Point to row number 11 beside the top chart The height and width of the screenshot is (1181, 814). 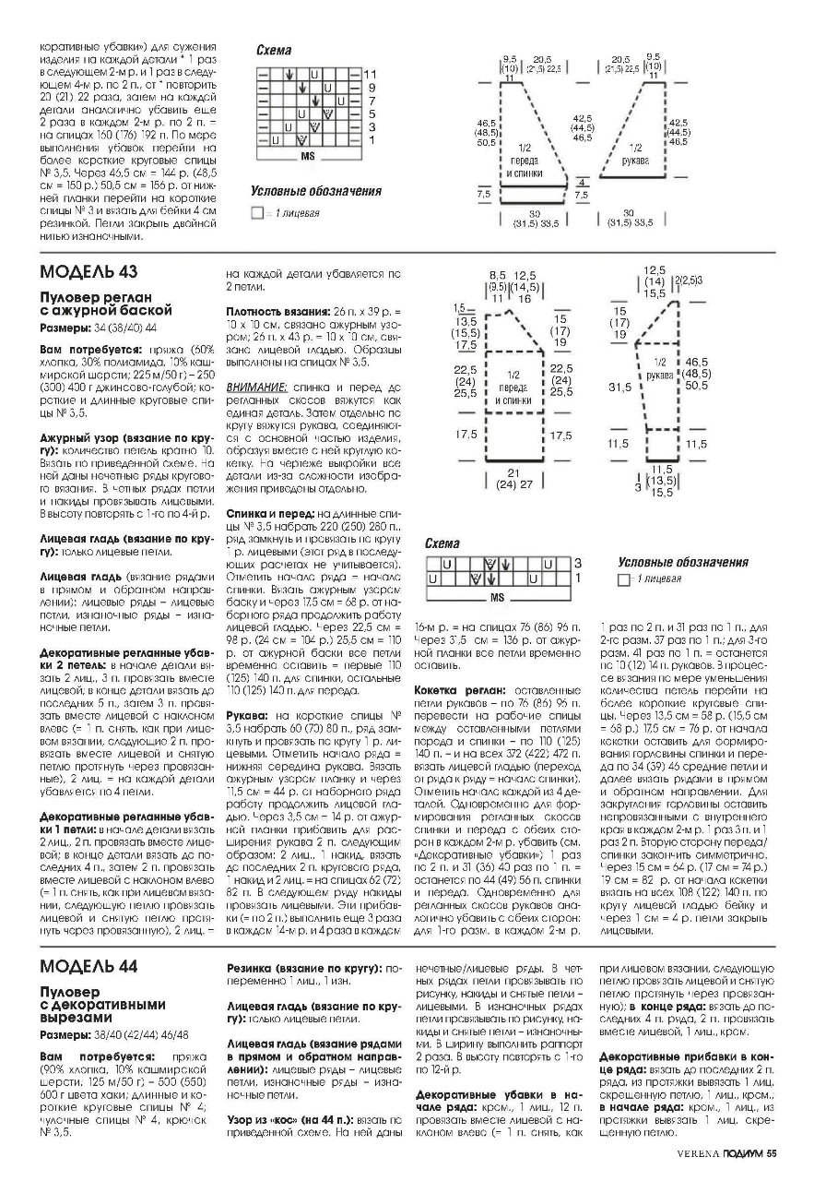point(371,73)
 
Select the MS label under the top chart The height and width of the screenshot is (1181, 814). point(308,157)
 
